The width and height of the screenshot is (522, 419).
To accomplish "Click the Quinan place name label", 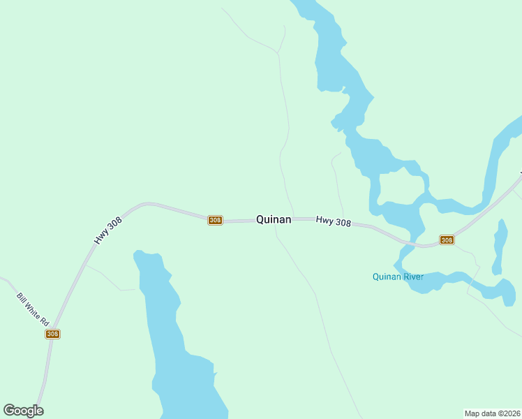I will coord(274,219).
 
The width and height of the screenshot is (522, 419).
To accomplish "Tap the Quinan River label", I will coord(398,277).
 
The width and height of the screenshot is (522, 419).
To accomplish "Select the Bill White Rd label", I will coord(33,310).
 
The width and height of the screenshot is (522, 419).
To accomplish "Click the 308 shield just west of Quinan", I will coord(215,220).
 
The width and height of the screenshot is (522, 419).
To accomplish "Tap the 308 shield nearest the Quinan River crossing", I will coord(447,240).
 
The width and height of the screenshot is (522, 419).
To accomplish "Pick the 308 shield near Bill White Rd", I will coord(52,334).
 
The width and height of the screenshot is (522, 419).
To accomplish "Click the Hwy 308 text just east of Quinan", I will coord(333,221).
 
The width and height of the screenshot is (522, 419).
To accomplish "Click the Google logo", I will coord(23,411).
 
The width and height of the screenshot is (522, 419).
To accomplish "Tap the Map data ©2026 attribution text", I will coord(492,413).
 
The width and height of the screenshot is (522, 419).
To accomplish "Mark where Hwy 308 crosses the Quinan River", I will coord(415,244).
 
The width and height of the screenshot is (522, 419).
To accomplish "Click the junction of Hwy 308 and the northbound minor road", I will coord(294,219).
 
